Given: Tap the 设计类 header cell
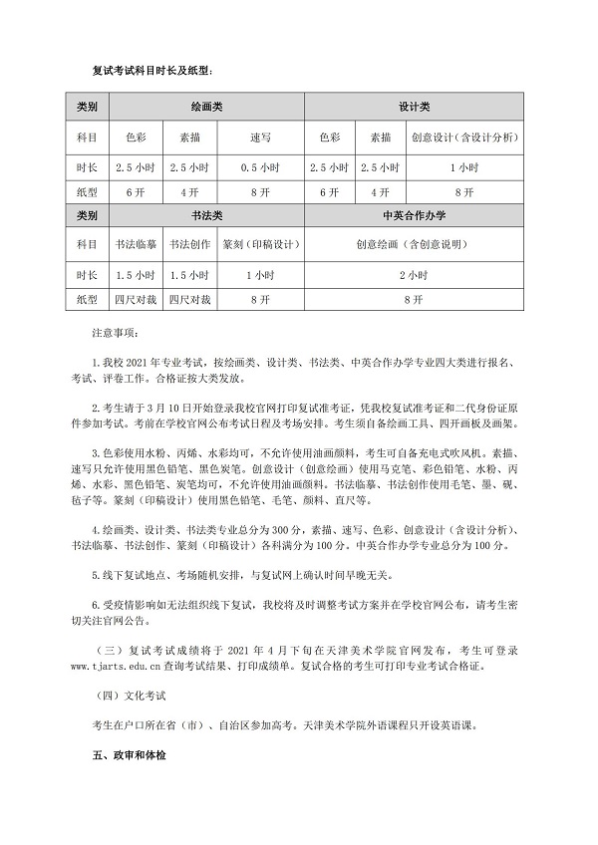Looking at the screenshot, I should coord(413,105).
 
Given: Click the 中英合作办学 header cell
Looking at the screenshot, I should coord(413,214).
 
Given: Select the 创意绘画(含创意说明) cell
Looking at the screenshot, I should coord(413,242).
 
